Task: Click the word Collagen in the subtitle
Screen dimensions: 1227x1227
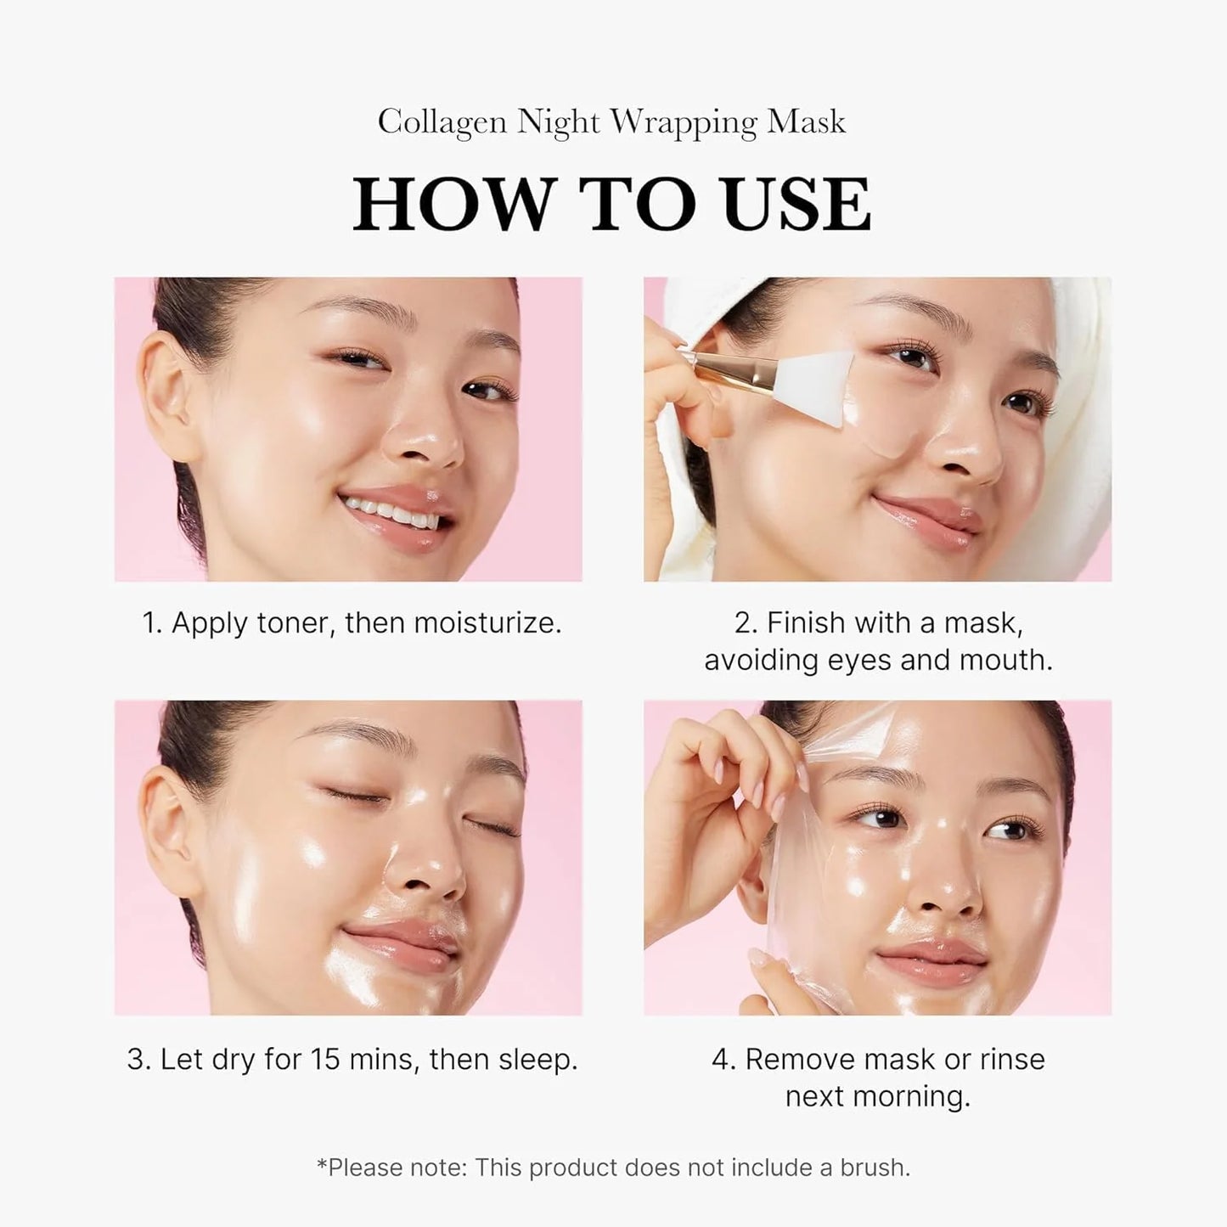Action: [442, 122]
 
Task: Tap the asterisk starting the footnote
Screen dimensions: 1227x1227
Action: [322, 1164]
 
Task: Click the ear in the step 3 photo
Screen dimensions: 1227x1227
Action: [166, 828]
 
